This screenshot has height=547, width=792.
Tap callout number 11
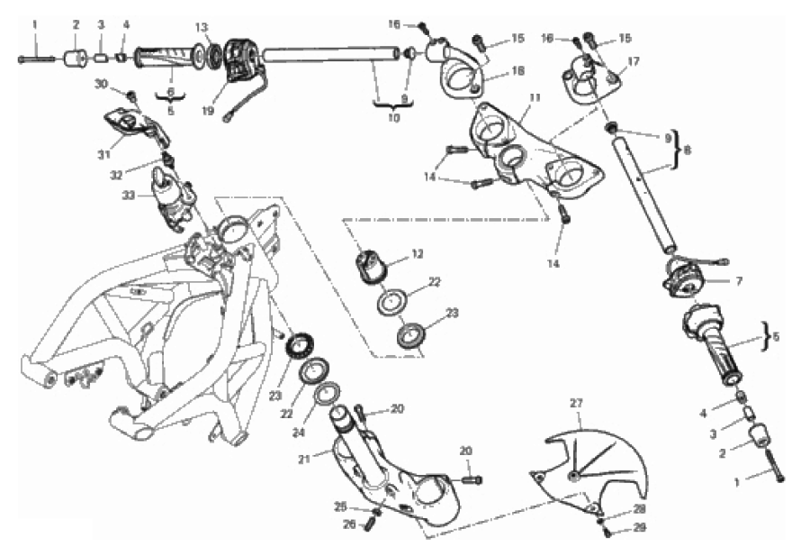pyautogui.click(x=535, y=96)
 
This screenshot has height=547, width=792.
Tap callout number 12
pyautogui.click(x=416, y=255)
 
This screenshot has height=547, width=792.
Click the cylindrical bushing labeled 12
pyautogui.click(x=370, y=266)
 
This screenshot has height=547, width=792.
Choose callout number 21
pyautogui.click(x=303, y=459)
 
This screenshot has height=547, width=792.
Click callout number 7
pyautogui.click(x=738, y=281)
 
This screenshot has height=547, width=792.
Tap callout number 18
pyautogui.click(x=517, y=70)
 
